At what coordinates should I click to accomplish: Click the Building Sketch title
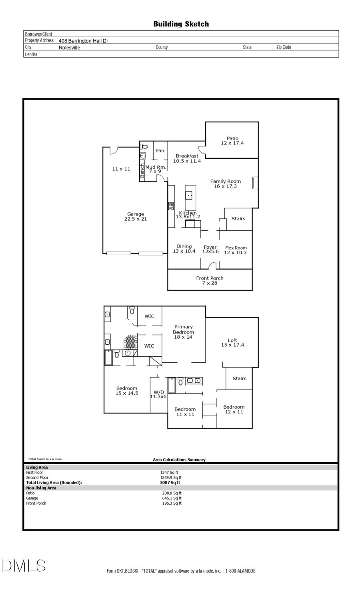click(181, 24)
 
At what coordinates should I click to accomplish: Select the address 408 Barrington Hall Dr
click(83, 41)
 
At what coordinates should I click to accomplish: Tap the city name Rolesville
click(69, 48)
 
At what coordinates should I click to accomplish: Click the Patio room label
click(232, 141)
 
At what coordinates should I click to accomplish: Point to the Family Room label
click(225, 184)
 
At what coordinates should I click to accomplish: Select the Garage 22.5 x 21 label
click(136, 216)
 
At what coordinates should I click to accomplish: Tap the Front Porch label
click(210, 280)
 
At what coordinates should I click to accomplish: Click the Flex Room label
click(236, 250)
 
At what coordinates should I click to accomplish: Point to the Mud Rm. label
click(155, 169)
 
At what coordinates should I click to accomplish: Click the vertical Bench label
click(142, 171)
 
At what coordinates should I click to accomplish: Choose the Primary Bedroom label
click(183, 332)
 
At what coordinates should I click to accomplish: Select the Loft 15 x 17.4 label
click(232, 342)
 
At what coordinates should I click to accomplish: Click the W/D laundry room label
click(158, 394)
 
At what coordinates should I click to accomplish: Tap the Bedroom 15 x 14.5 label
click(127, 391)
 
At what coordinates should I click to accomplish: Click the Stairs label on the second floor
click(239, 378)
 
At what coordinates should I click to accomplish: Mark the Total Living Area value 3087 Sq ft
click(170, 483)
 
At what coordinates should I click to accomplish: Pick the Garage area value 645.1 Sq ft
click(172, 498)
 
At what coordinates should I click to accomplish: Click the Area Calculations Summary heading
click(179, 460)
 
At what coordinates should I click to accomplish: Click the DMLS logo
click(24, 566)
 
